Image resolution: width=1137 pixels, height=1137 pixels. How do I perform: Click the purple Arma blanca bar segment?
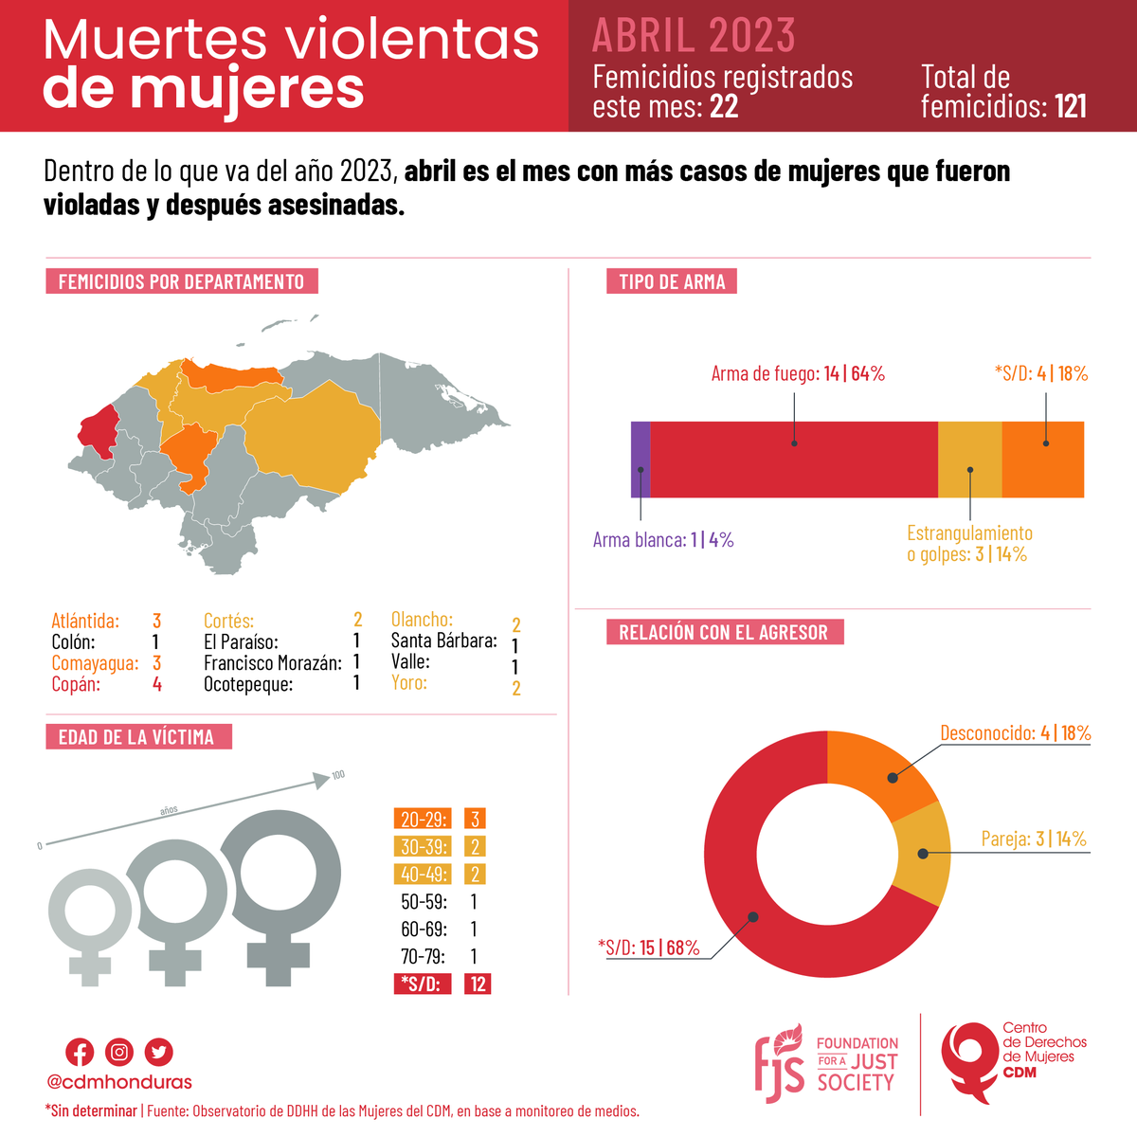click(x=641, y=460)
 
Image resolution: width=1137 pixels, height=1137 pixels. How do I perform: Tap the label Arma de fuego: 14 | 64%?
click(x=798, y=373)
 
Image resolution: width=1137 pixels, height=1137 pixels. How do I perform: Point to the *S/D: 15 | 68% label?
click(x=649, y=947)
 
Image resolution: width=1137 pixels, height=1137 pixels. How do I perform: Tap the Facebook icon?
click(x=80, y=1052)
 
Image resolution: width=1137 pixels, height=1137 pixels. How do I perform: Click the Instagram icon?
click(x=119, y=1052)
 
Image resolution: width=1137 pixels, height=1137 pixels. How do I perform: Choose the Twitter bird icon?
click(x=159, y=1052)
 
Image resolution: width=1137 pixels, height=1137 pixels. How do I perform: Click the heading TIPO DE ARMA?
click(x=672, y=281)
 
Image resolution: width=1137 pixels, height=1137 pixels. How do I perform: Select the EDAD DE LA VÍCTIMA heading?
click(x=137, y=737)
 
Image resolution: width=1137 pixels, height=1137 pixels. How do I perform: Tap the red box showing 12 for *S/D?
click(x=478, y=984)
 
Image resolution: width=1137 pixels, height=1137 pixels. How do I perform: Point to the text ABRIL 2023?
click(x=694, y=36)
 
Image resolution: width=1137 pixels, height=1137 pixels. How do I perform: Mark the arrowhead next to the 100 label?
click(x=322, y=780)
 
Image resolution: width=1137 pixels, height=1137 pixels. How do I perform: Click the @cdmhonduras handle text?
click(x=119, y=1082)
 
